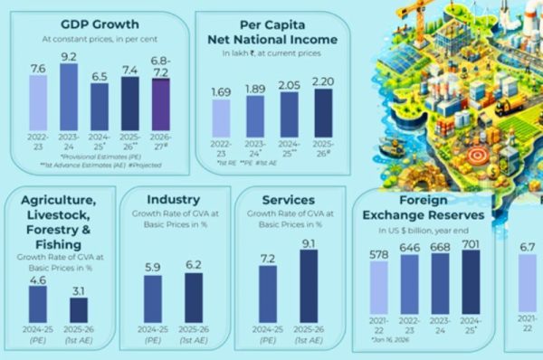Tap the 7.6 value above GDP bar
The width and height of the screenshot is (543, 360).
click(37, 67)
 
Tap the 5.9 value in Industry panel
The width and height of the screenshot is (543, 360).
click(152, 267)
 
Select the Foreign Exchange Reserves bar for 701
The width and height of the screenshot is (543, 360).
click(471, 287)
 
